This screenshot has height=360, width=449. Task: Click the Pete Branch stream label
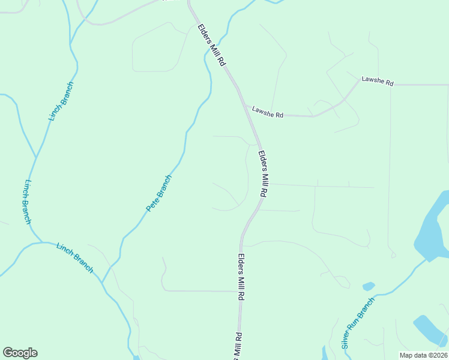(159, 193)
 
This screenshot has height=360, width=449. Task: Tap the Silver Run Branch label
(358, 323)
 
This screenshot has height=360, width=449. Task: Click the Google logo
(20, 353)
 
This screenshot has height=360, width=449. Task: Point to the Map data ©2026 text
(423, 355)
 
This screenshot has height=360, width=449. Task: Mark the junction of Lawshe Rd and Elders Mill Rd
(244, 106)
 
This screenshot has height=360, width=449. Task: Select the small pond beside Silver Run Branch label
(369, 286)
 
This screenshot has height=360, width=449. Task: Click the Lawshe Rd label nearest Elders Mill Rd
(267, 112)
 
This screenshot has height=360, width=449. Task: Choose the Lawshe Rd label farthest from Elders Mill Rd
(377, 81)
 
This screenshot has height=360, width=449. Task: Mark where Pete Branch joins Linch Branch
(103, 282)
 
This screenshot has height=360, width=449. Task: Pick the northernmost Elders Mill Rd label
(213, 45)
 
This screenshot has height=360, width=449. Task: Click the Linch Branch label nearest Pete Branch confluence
(75, 257)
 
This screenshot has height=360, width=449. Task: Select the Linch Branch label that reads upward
(61, 102)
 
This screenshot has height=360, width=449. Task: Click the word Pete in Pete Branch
(151, 205)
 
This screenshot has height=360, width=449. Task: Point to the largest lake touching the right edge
(433, 225)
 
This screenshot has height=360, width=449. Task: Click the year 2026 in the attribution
(439, 355)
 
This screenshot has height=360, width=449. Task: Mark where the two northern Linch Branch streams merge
(36, 158)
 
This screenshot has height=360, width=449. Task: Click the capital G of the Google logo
(8, 353)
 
